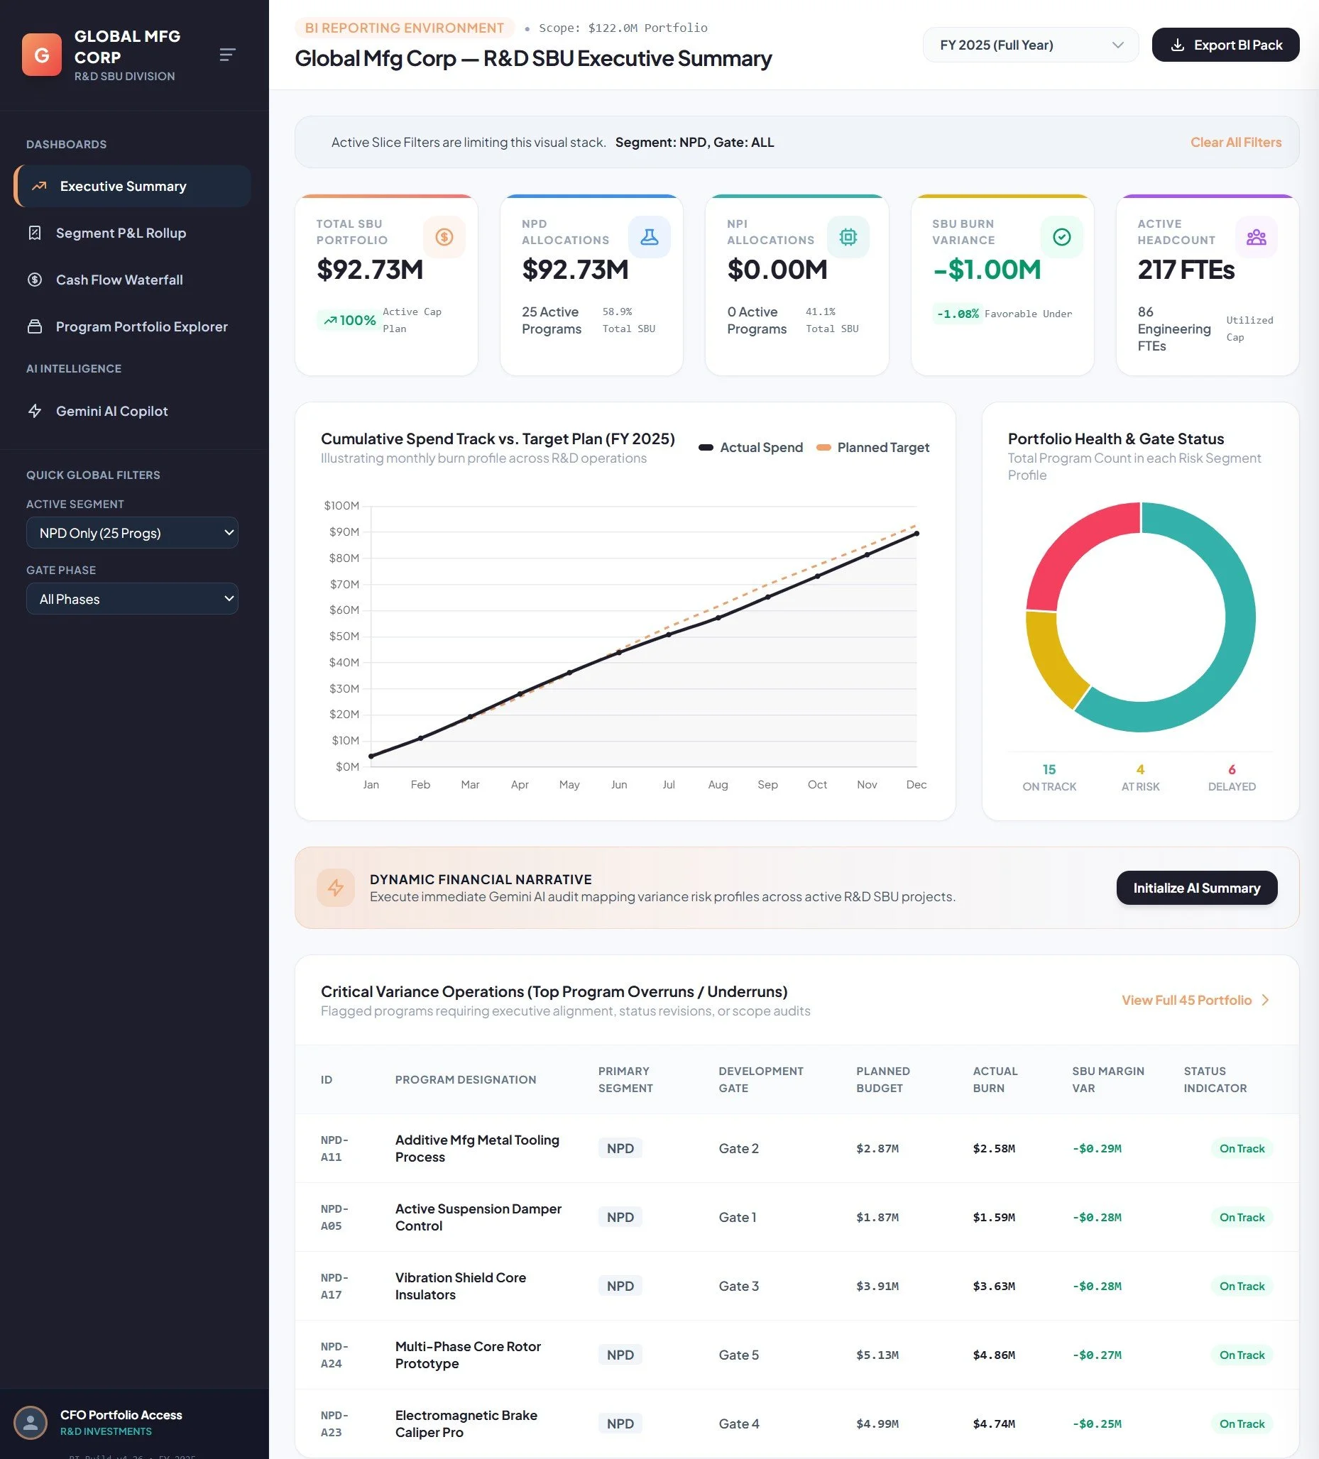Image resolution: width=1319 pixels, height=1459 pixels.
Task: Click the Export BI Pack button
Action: point(1225,45)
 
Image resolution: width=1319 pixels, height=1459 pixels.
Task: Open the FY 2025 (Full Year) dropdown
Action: point(1030,45)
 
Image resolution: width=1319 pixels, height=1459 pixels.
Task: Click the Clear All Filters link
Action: point(1236,143)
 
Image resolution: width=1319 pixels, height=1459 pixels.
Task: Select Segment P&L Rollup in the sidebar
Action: point(121,233)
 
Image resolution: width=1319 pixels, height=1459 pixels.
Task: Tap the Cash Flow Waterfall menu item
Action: point(119,280)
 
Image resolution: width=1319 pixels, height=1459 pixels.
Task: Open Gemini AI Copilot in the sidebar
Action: point(111,411)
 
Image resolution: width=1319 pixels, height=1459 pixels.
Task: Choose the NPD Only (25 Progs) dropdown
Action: point(133,533)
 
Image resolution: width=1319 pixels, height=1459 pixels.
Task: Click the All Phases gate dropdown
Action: point(133,598)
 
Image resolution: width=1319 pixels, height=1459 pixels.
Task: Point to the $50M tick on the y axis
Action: point(344,636)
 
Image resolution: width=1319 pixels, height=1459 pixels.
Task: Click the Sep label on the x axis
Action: point(767,785)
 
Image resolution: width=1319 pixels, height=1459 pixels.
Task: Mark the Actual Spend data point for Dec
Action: point(916,534)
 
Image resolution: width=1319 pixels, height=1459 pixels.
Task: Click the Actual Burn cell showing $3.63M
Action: point(993,1286)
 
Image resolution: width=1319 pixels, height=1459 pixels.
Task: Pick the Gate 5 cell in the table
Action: point(738,1355)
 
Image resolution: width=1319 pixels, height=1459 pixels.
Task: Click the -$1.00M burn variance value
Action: point(987,270)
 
